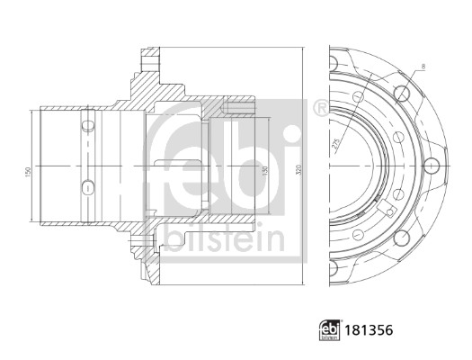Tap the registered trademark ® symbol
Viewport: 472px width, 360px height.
coord(320,109)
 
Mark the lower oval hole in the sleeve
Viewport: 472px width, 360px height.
coord(87,186)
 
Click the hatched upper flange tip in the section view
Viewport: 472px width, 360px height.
coord(147,62)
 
